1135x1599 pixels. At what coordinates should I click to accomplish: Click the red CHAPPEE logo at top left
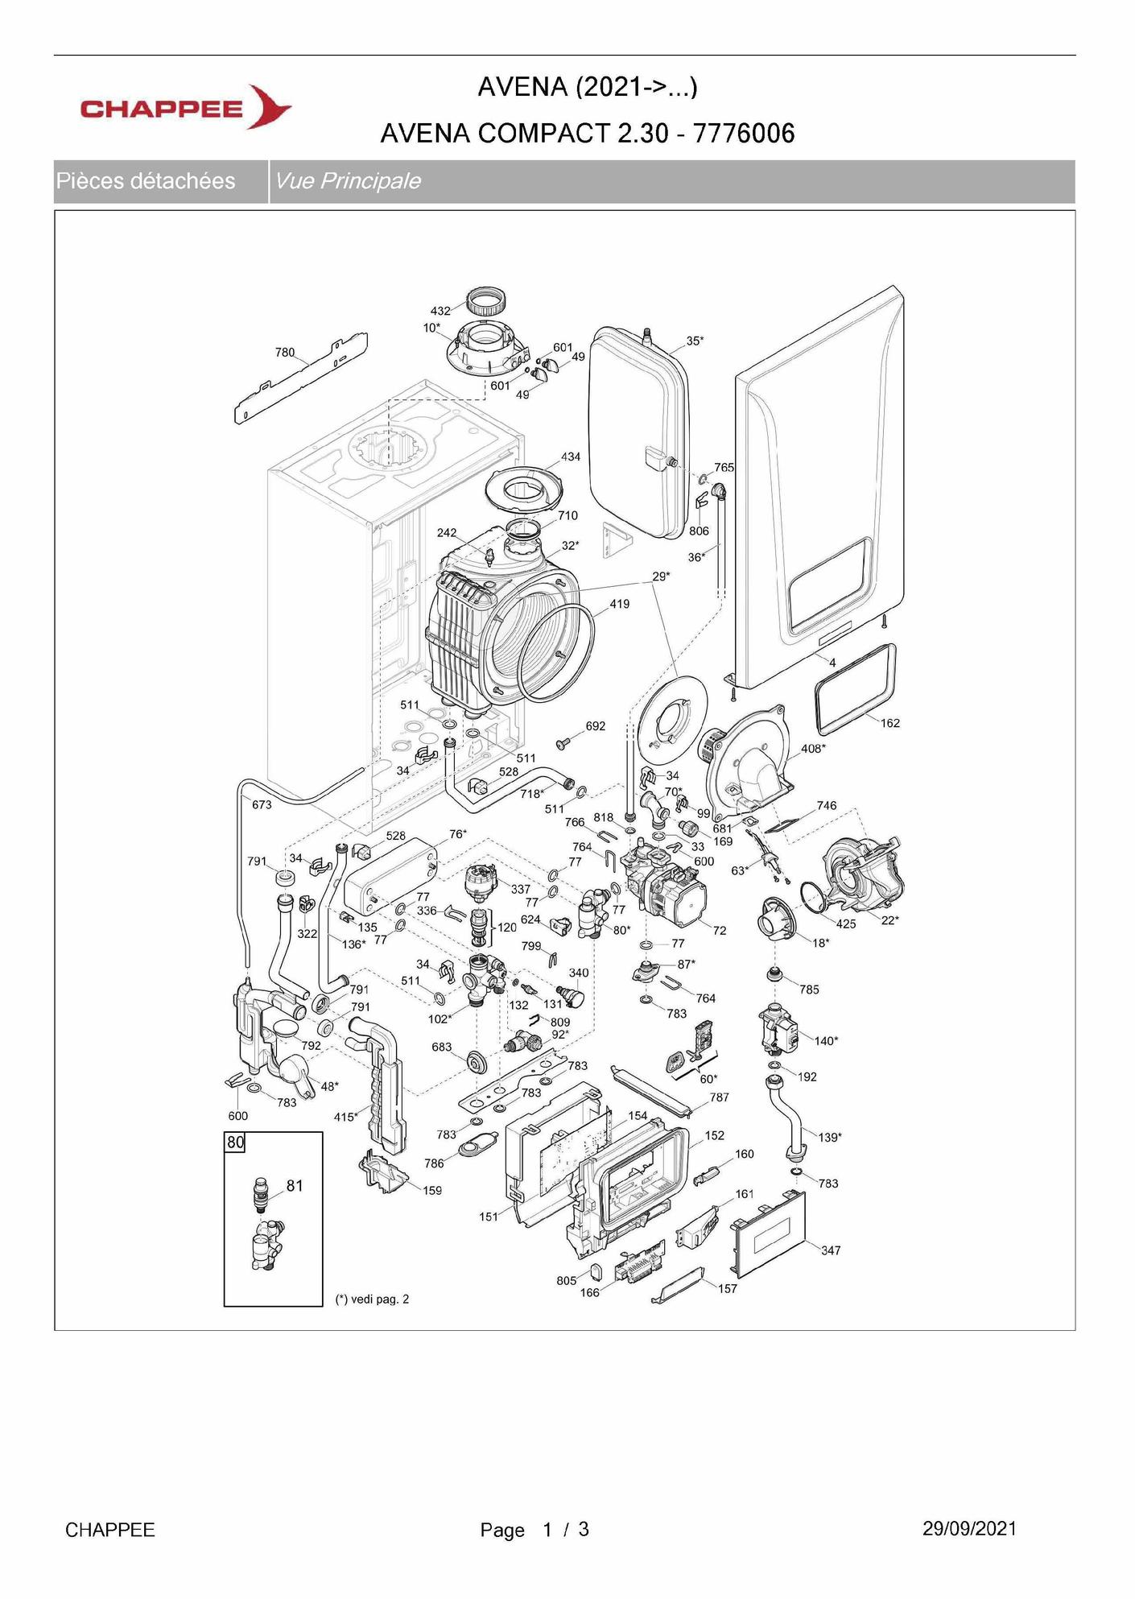pos(185,108)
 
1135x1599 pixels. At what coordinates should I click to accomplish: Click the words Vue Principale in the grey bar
pos(348,181)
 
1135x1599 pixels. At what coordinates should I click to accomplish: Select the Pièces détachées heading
pos(146,181)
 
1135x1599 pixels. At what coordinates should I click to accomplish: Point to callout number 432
pos(440,311)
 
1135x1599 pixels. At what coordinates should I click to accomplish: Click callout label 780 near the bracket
pos(285,353)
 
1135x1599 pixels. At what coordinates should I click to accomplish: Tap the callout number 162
pos(889,723)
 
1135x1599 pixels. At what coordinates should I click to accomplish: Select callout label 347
pos(831,1250)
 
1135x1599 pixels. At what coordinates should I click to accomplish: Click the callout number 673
pos(262,804)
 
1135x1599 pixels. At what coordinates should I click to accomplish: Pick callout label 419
pos(619,604)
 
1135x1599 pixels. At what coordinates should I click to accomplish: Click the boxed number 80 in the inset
pos(235,1142)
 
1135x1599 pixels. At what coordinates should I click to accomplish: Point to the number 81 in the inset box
pos(295,1186)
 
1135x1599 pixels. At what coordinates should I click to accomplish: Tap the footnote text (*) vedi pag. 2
pos(372,1299)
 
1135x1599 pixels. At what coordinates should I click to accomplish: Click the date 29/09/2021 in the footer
pos(969,1529)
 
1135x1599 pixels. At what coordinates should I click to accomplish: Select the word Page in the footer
pos(502,1530)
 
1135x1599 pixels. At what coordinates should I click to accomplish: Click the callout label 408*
pos(813,749)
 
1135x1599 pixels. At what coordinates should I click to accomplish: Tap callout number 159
pos(432,1190)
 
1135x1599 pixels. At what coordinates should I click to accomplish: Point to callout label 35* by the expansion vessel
pos(695,341)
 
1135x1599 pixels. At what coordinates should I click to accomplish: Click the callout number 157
pos(728,1288)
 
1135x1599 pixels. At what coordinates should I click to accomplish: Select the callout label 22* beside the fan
pos(889,920)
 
